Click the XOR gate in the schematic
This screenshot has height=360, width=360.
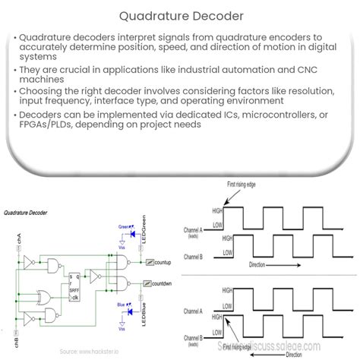[55, 295]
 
